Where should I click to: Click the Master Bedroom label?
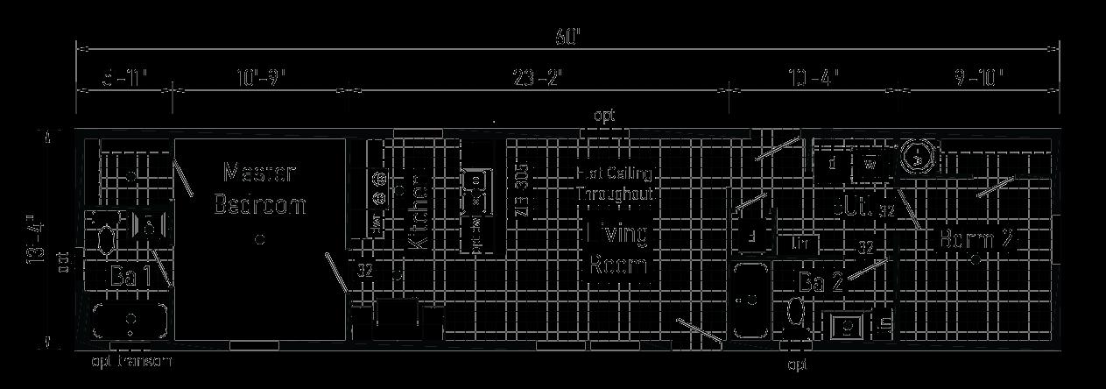pos(259,188)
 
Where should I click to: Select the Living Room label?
pos(617,249)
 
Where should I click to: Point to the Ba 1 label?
pos(130,277)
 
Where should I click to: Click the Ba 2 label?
pos(821,282)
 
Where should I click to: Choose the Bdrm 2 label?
pos(979,239)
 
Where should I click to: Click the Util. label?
pos(854,209)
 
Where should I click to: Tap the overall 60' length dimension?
pos(567,38)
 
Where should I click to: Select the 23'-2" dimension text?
pos(538,79)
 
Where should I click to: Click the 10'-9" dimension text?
pos(260,79)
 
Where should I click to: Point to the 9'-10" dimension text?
pos(978,79)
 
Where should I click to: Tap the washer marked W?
pos(870,163)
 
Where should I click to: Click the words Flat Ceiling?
pos(615,173)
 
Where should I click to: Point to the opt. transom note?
pos(131,362)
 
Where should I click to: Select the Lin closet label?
pos(801,243)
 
